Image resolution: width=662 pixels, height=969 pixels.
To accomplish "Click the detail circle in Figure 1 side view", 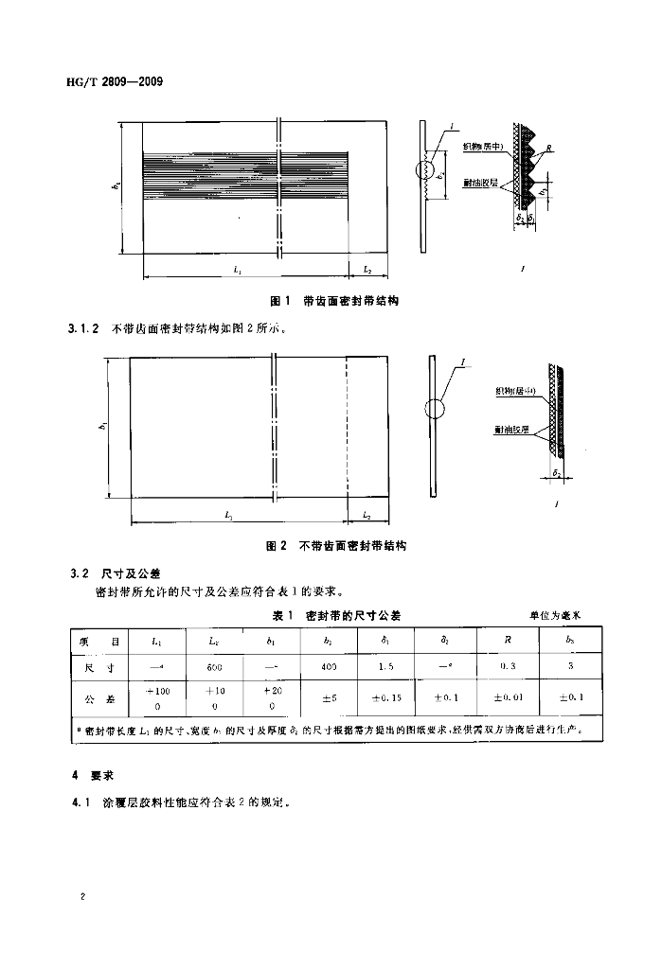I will [426, 171].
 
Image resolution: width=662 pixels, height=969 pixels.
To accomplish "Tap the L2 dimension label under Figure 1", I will [367, 271].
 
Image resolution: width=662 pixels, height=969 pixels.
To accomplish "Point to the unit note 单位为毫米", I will [555, 615].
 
